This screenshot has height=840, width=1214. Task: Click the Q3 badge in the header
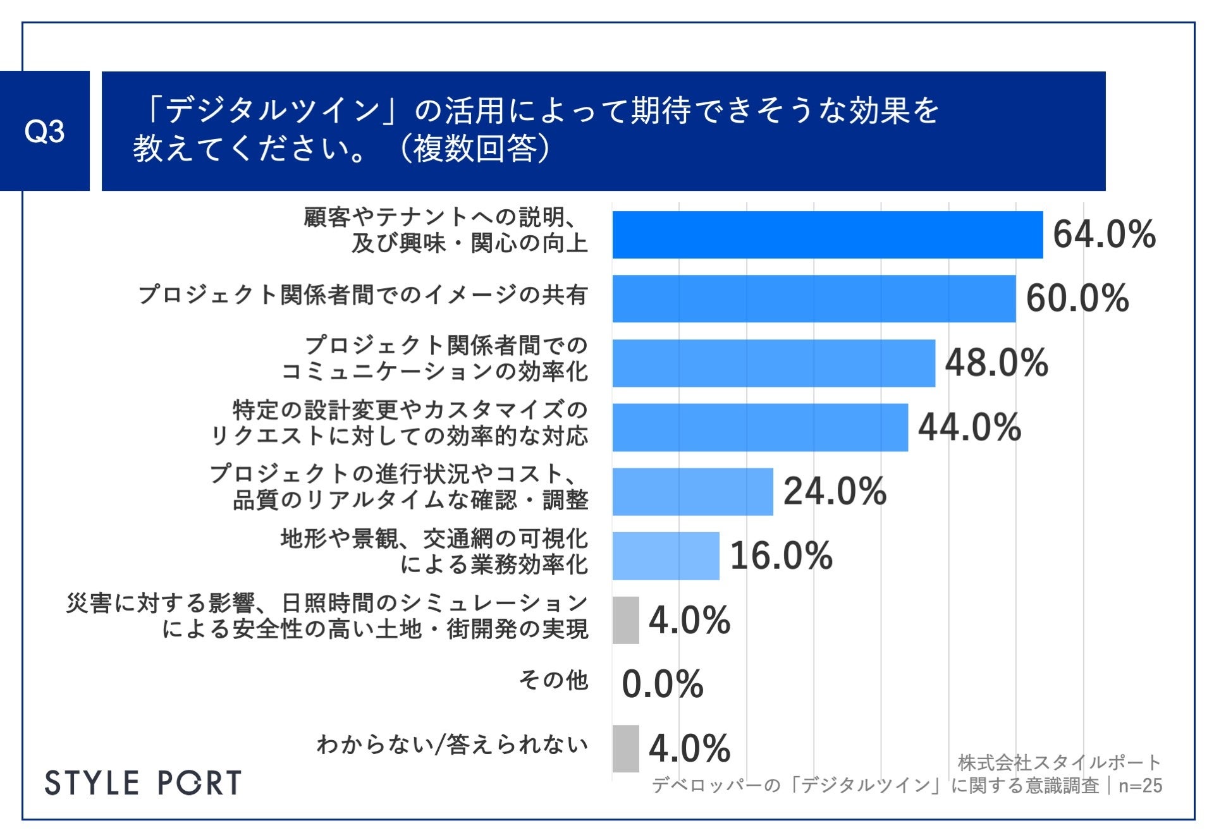[x=44, y=131]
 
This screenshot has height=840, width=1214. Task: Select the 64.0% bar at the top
[x=827, y=234]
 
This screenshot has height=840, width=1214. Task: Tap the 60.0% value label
[x=1077, y=298]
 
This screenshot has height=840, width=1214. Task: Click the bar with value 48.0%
[x=773, y=363]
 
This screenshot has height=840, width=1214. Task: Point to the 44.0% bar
[x=759, y=427]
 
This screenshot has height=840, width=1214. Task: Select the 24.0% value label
[x=835, y=492]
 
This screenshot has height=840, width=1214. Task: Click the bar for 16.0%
[x=665, y=556]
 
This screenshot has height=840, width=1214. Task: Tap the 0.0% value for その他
[x=662, y=684]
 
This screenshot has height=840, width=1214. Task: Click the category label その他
[x=553, y=680]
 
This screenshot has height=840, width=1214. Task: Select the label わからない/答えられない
[x=452, y=745]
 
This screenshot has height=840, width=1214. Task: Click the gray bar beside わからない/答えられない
[x=625, y=748]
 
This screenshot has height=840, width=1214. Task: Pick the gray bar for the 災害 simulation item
[x=625, y=620]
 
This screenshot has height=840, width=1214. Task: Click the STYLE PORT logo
[x=143, y=783]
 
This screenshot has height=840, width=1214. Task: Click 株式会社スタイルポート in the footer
[x=1059, y=763]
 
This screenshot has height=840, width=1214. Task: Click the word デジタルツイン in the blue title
[x=272, y=111]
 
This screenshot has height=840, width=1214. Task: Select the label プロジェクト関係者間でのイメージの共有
[x=363, y=295]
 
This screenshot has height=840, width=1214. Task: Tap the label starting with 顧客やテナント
[x=446, y=230]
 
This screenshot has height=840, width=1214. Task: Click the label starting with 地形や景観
[x=434, y=551]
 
